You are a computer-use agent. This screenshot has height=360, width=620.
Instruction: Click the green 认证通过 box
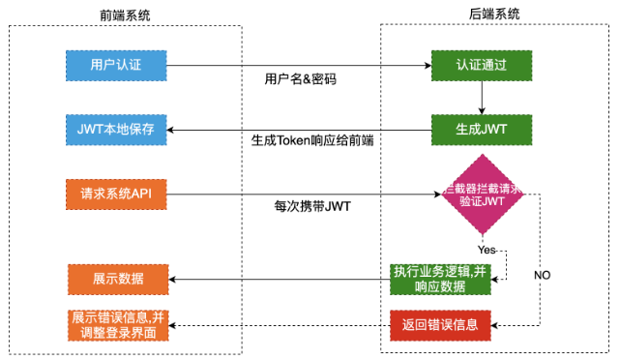click(x=481, y=66)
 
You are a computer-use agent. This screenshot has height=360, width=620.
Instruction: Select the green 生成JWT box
click(x=481, y=129)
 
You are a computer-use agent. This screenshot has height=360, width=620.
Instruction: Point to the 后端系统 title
click(x=493, y=14)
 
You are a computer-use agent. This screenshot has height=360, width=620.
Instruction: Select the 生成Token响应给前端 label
click(x=312, y=141)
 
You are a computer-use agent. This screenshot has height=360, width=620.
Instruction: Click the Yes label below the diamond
click(x=487, y=250)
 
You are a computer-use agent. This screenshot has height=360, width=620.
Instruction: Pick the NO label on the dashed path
click(x=542, y=275)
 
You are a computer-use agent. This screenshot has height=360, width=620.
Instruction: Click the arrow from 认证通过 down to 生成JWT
click(x=481, y=98)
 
